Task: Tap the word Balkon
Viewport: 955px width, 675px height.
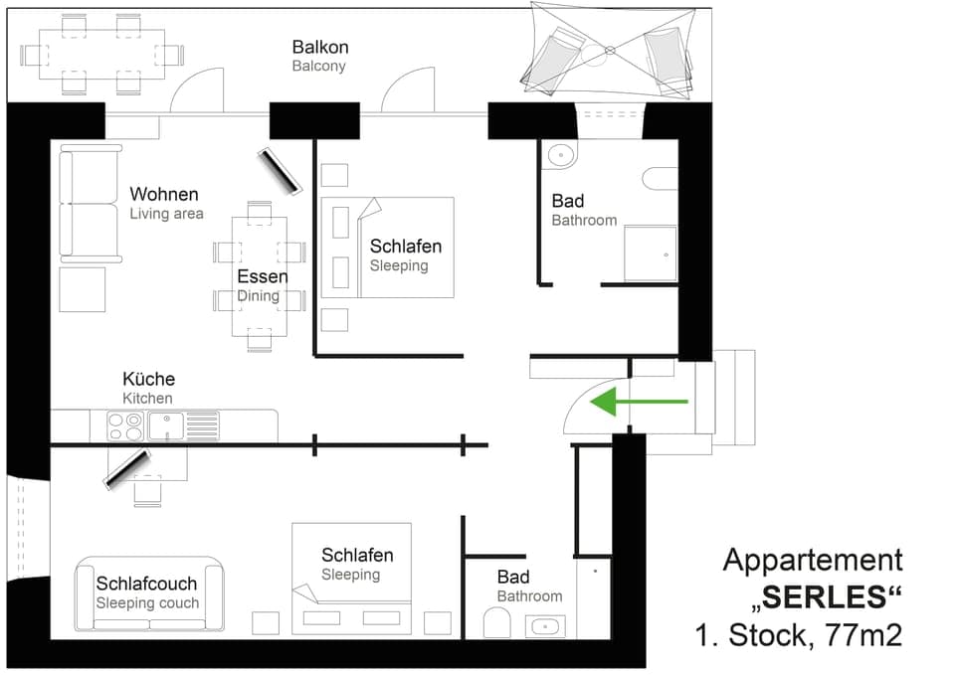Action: tap(320, 47)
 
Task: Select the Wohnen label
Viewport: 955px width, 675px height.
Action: tap(164, 194)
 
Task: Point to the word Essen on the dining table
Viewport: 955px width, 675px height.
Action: tap(263, 276)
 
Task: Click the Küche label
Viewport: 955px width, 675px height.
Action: tap(148, 379)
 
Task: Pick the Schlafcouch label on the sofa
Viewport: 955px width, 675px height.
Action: tap(146, 584)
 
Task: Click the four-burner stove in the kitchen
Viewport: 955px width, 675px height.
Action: tap(125, 426)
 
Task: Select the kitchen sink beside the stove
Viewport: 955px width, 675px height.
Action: tap(166, 426)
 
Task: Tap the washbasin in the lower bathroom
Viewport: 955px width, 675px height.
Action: tap(544, 626)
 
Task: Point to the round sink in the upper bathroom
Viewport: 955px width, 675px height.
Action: tap(560, 155)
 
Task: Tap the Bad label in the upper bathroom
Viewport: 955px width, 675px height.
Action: tap(568, 202)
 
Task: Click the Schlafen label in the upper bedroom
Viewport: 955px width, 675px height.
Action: tap(405, 246)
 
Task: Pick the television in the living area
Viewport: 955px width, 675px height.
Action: tap(280, 170)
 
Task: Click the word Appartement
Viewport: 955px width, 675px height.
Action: tap(813, 560)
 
